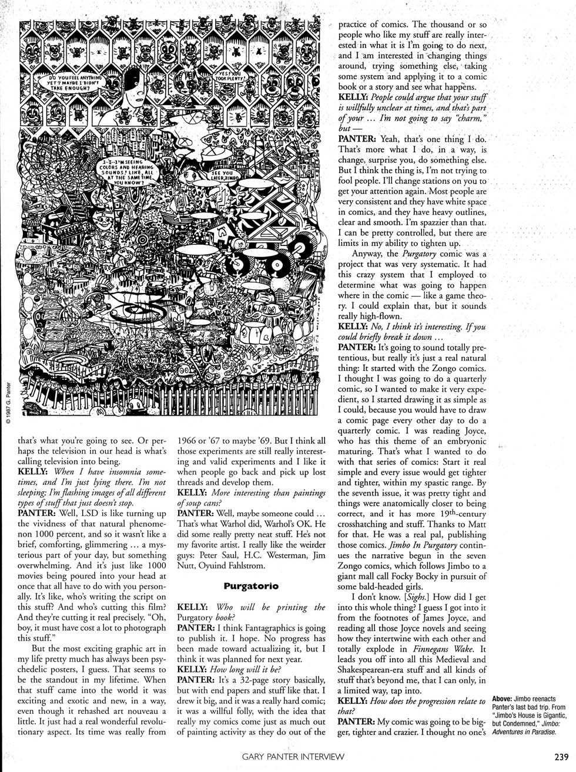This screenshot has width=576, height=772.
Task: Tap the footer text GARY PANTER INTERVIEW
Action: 293,757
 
